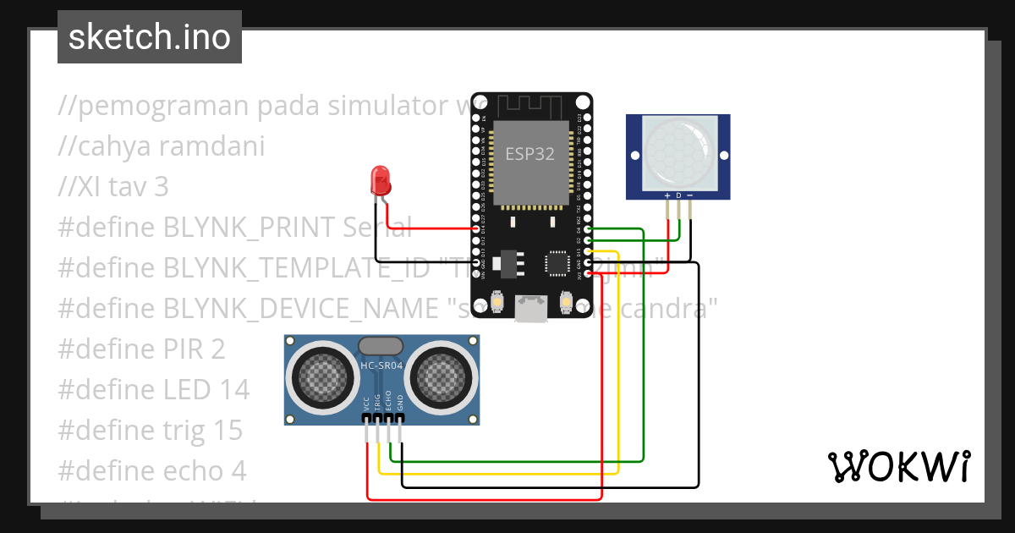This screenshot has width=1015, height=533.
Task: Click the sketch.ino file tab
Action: pyautogui.click(x=149, y=37)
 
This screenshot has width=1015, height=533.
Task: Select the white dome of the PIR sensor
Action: pyautogui.click(x=678, y=151)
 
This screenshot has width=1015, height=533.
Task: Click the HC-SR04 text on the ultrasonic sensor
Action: pyautogui.click(x=381, y=366)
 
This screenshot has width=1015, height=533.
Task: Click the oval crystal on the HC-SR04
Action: pyautogui.click(x=381, y=345)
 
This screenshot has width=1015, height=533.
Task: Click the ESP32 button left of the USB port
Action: pyautogui.click(x=497, y=300)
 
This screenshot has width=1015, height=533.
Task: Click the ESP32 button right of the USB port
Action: pyautogui.click(x=566, y=300)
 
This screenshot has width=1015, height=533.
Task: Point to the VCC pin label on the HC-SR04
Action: pyautogui.click(x=366, y=404)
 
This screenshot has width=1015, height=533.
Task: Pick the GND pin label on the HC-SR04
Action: pyautogui.click(x=400, y=404)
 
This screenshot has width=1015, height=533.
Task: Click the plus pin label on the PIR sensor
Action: pyautogui.click(x=667, y=195)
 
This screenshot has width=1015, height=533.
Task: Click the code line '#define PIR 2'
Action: pyautogui.click(x=142, y=349)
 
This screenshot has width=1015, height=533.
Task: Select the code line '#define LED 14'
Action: pyautogui.click(x=154, y=389)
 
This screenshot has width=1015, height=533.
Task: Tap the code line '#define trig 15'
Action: pyautogui.click(x=151, y=430)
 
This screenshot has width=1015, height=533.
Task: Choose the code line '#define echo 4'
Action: pyautogui.click(x=152, y=470)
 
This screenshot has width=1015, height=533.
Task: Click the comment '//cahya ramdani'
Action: pyautogui.click(x=161, y=146)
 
